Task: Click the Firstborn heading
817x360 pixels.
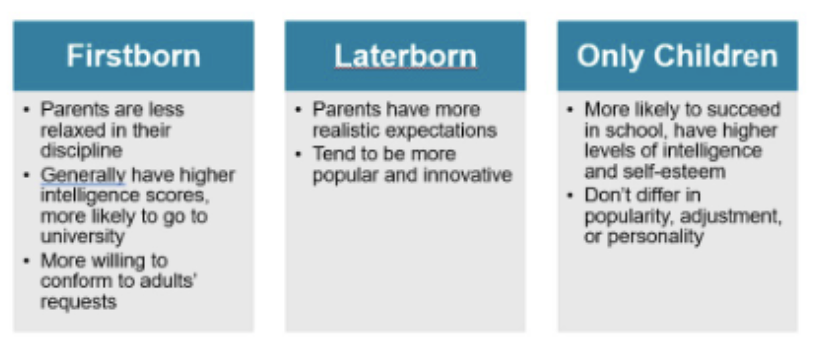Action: click(x=133, y=56)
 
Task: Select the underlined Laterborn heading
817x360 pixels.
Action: click(x=405, y=56)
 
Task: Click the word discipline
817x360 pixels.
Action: click(x=81, y=151)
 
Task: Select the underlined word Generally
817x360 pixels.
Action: click(x=83, y=175)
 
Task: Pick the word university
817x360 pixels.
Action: click(x=83, y=236)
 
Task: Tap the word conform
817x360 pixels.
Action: click(x=72, y=281)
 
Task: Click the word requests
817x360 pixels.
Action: click(x=78, y=302)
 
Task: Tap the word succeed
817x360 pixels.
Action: click(x=745, y=109)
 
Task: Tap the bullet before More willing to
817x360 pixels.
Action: click(x=26, y=261)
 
